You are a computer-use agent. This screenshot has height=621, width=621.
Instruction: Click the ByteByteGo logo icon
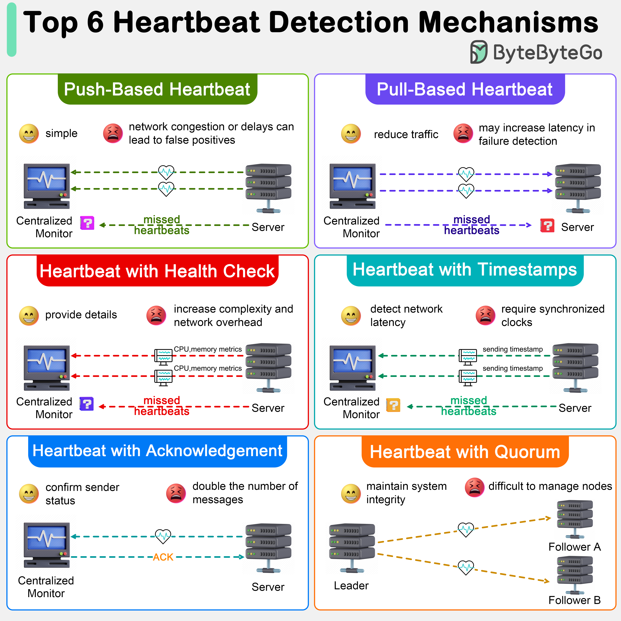(479, 52)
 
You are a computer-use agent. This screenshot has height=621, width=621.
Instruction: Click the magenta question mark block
(87, 223)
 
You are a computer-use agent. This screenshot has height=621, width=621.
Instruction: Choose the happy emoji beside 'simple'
(29, 133)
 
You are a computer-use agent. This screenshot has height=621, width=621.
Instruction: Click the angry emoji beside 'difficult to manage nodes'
(475, 487)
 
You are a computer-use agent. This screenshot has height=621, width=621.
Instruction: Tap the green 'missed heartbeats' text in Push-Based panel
(162, 225)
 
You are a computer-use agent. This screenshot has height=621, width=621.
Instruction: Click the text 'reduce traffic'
(406, 134)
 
